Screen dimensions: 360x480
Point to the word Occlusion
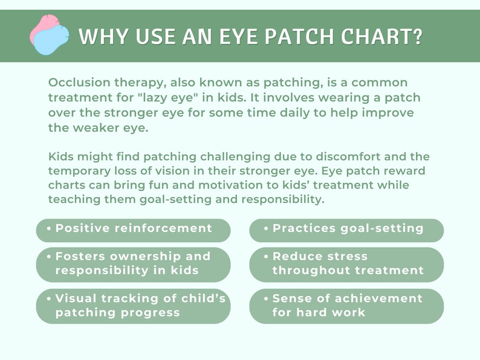tap(77, 82)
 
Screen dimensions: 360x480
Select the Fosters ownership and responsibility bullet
tap(133, 264)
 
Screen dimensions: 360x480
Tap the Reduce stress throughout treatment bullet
tap(346, 264)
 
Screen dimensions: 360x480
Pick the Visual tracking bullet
tap(133, 306)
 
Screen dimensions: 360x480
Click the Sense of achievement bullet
tap(346, 306)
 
